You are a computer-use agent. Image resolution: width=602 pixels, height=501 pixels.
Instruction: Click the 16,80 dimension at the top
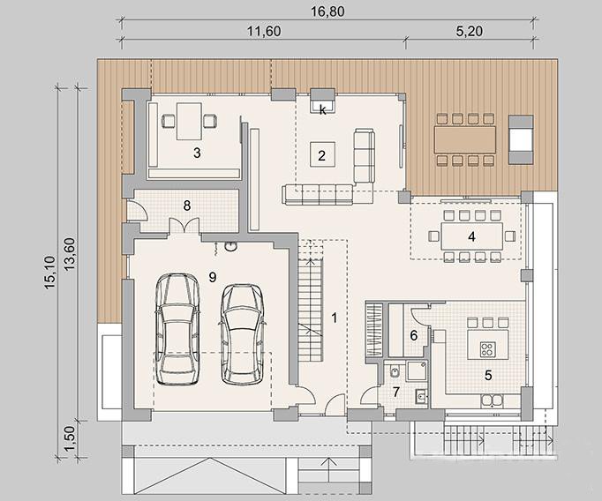pos(327,11)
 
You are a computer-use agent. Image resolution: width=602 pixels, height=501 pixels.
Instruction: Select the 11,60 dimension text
pos(263,31)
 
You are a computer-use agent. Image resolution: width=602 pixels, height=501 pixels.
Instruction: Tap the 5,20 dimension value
pos(470,31)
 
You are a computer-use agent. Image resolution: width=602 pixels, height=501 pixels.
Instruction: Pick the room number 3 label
pos(197,153)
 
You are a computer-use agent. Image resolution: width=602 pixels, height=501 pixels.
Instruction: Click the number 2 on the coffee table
pos(321,155)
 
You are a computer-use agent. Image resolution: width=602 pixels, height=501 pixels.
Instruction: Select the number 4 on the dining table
pos(472,236)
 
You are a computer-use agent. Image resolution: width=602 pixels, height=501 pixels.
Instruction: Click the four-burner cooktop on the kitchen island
pos(487,348)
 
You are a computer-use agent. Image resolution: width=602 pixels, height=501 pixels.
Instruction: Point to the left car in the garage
pos(177,329)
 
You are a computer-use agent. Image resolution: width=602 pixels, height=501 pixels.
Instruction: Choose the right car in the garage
pos(242,333)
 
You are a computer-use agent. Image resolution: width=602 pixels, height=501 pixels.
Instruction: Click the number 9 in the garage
pos(213,277)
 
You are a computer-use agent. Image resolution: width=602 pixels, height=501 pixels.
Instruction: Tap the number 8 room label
pos(187,206)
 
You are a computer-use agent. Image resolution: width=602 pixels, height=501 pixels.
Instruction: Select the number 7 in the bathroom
pos(396,392)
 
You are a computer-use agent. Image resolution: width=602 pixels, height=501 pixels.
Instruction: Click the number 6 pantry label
pos(413,336)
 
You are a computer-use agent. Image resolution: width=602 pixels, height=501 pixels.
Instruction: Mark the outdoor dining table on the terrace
pos(465,139)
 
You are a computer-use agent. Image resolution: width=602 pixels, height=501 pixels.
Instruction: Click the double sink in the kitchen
pos(492,400)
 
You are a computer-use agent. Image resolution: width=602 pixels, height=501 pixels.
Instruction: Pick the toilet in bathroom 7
pos(395,371)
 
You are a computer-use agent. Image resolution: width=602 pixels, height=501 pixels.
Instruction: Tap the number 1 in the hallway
pos(335,318)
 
